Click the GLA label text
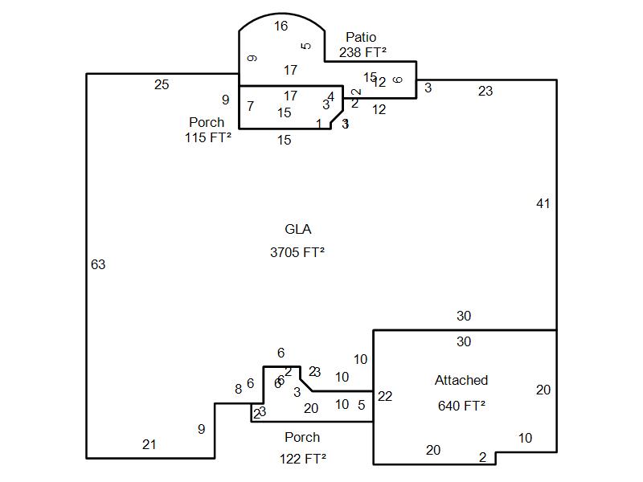297,230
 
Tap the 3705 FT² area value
297,252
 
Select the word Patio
361,38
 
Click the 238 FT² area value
362,52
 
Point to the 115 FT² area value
207,137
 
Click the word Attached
461,381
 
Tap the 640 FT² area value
461,406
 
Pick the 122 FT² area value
302,459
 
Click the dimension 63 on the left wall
98,264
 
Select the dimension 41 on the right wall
543,204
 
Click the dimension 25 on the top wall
162,84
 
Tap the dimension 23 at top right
485,92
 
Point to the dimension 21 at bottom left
149,444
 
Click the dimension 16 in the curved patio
281,27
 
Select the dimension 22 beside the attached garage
385,396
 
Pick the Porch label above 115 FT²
207,123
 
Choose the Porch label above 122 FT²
302,438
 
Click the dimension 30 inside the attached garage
464,342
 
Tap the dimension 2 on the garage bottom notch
482,458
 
